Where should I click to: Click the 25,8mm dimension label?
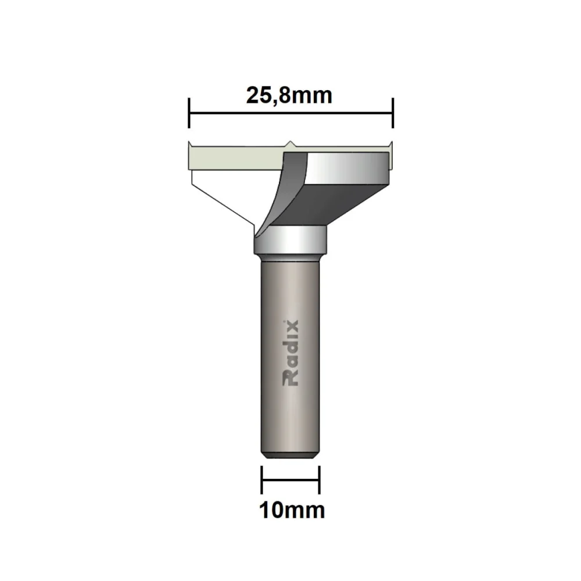(289, 95)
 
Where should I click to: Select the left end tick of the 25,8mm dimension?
(189, 113)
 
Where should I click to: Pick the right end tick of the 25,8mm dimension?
(393, 113)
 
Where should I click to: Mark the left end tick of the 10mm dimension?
(263, 479)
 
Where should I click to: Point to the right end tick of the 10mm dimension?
(320, 479)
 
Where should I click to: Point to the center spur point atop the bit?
(290, 143)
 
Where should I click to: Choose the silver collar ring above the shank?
(290, 239)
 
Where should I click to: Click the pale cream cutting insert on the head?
(232, 157)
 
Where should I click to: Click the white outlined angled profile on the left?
(224, 198)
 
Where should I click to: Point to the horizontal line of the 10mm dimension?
(290, 479)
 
